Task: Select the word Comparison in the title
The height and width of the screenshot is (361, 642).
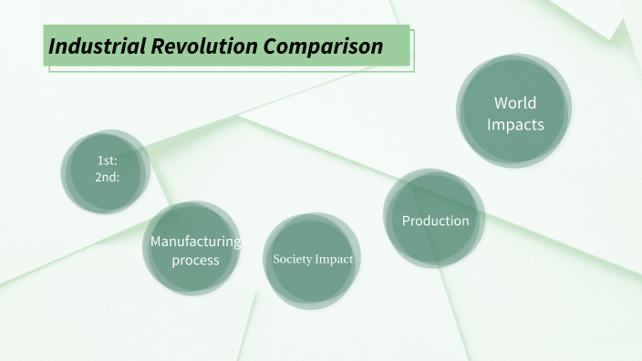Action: click(321, 46)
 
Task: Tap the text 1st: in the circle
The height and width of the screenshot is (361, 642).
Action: click(108, 161)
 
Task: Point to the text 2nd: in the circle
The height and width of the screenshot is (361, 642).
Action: click(108, 177)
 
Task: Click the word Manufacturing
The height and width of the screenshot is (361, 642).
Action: click(195, 242)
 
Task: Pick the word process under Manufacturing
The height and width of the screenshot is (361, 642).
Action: click(195, 260)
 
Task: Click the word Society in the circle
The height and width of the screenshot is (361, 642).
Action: click(292, 260)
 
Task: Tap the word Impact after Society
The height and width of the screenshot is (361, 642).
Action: click(333, 260)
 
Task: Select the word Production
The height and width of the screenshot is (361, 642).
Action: click(435, 221)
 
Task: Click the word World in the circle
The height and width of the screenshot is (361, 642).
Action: click(515, 102)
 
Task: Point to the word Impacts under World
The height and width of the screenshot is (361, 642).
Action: click(515, 124)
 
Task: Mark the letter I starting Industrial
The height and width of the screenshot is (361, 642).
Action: click(52, 46)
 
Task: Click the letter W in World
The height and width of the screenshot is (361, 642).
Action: click(501, 102)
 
